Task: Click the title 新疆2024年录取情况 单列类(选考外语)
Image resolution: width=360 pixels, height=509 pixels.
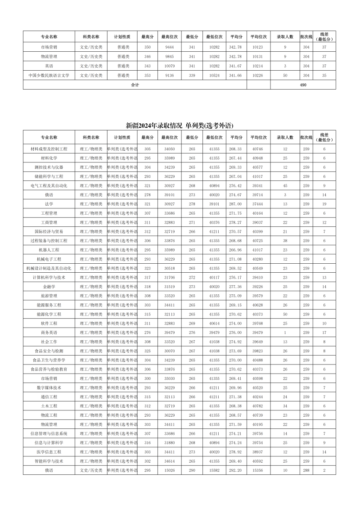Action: [180, 125]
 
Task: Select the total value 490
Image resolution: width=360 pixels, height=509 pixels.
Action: [302, 85]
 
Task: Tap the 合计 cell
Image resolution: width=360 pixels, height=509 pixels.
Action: [135, 85]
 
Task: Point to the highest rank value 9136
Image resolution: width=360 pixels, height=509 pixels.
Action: [170, 75]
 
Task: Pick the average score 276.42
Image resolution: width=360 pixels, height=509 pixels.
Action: [235, 185]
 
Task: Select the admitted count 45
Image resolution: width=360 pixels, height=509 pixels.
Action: [285, 185]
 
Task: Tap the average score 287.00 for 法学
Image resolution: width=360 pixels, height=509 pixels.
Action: [235, 204]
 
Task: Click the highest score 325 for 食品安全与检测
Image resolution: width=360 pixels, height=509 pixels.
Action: [147, 351]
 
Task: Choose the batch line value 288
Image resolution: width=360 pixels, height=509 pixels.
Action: [306, 470]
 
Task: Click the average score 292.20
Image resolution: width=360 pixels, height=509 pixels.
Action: [235, 470]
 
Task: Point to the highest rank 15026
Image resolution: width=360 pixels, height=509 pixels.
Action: [170, 470]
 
